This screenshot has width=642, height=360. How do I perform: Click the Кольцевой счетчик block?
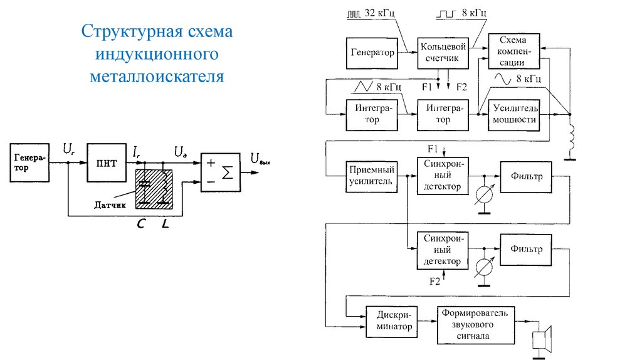(x=443, y=53)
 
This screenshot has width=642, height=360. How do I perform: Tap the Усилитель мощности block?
(x=514, y=114)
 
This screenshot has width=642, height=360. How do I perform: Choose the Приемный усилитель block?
(x=372, y=176)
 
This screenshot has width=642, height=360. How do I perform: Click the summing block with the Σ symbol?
(x=220, y=172)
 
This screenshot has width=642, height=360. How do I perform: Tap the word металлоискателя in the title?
(x=156, y=77)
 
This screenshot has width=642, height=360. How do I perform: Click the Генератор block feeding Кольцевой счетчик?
(x=372, y=53)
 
